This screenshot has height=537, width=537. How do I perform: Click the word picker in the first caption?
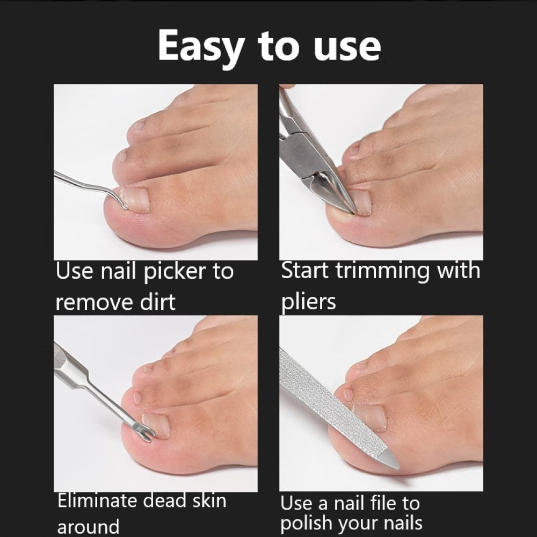(175, 272)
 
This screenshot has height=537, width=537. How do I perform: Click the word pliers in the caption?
(308, 302)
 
